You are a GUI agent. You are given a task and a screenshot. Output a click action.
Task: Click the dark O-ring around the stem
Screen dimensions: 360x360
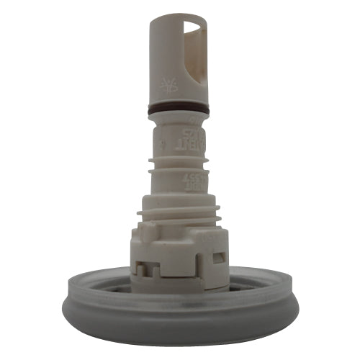coord(179,110)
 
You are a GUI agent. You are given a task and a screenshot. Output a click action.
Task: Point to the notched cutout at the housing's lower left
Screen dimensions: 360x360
coord(144,267)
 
